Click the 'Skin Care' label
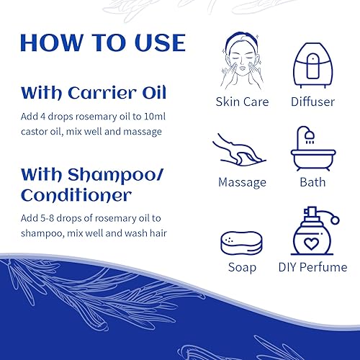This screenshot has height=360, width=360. click(241, 102)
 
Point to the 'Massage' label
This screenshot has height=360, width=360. click(242, 183)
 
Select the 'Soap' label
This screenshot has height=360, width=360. click(241, 267)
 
